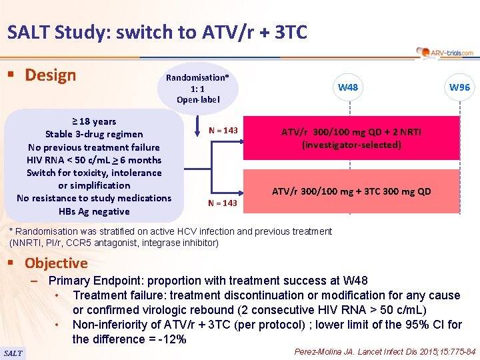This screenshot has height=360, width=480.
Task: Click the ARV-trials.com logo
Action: (445, 52)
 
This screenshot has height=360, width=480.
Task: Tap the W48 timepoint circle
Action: (347, 87)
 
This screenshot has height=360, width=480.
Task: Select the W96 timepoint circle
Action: (459, 87)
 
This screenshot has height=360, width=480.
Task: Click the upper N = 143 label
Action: (222, 129)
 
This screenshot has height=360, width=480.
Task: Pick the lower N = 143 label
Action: (222, 203)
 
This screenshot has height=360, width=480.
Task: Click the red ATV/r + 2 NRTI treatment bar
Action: (351, 139)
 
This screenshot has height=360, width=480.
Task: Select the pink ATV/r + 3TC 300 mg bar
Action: (351, 191)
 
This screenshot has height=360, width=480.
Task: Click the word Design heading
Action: (50, 75)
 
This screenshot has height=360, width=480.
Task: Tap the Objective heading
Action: (56, 263)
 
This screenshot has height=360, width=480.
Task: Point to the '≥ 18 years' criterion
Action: (94, 121)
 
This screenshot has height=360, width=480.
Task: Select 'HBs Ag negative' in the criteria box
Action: (94, 211)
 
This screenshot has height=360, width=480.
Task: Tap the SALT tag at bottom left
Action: (13, 353)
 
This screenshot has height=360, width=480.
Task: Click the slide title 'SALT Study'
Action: (157, 31)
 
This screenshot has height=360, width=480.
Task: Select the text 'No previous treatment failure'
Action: (94, 147)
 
